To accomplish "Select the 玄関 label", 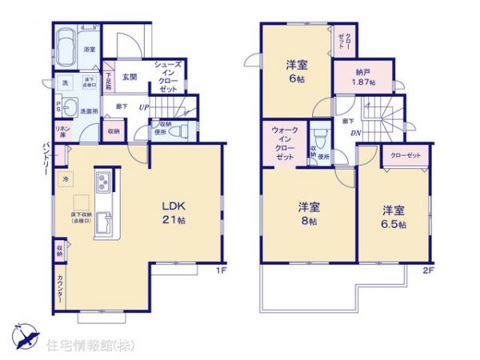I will (x=130, y=77).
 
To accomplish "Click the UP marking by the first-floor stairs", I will (x=143, y=107).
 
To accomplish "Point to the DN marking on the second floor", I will (x=354, y=134).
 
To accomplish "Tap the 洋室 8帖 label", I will (x=303, y=211).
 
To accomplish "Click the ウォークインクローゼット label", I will (x=284, y=145).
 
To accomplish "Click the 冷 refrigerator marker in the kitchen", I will (x=65, y=179).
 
